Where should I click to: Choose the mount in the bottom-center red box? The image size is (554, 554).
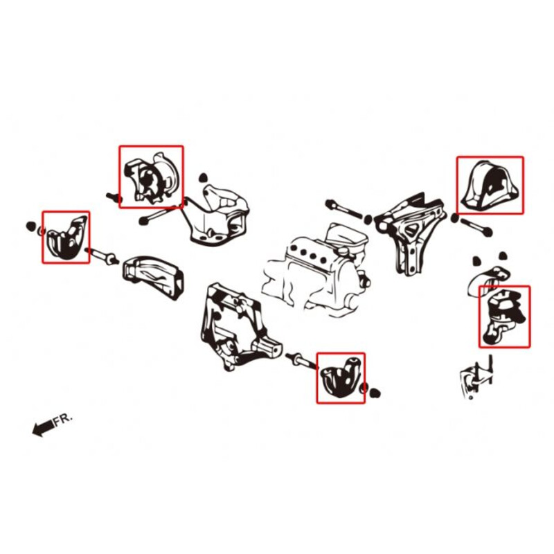[x=340, y=378]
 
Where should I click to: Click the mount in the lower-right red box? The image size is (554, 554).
[x=503, y=316]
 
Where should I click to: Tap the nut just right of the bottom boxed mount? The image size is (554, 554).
[x=376, y=394]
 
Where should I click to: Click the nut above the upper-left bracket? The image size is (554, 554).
[x=203, y=178]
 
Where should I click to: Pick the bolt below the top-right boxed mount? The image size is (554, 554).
[x=474, y=226]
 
